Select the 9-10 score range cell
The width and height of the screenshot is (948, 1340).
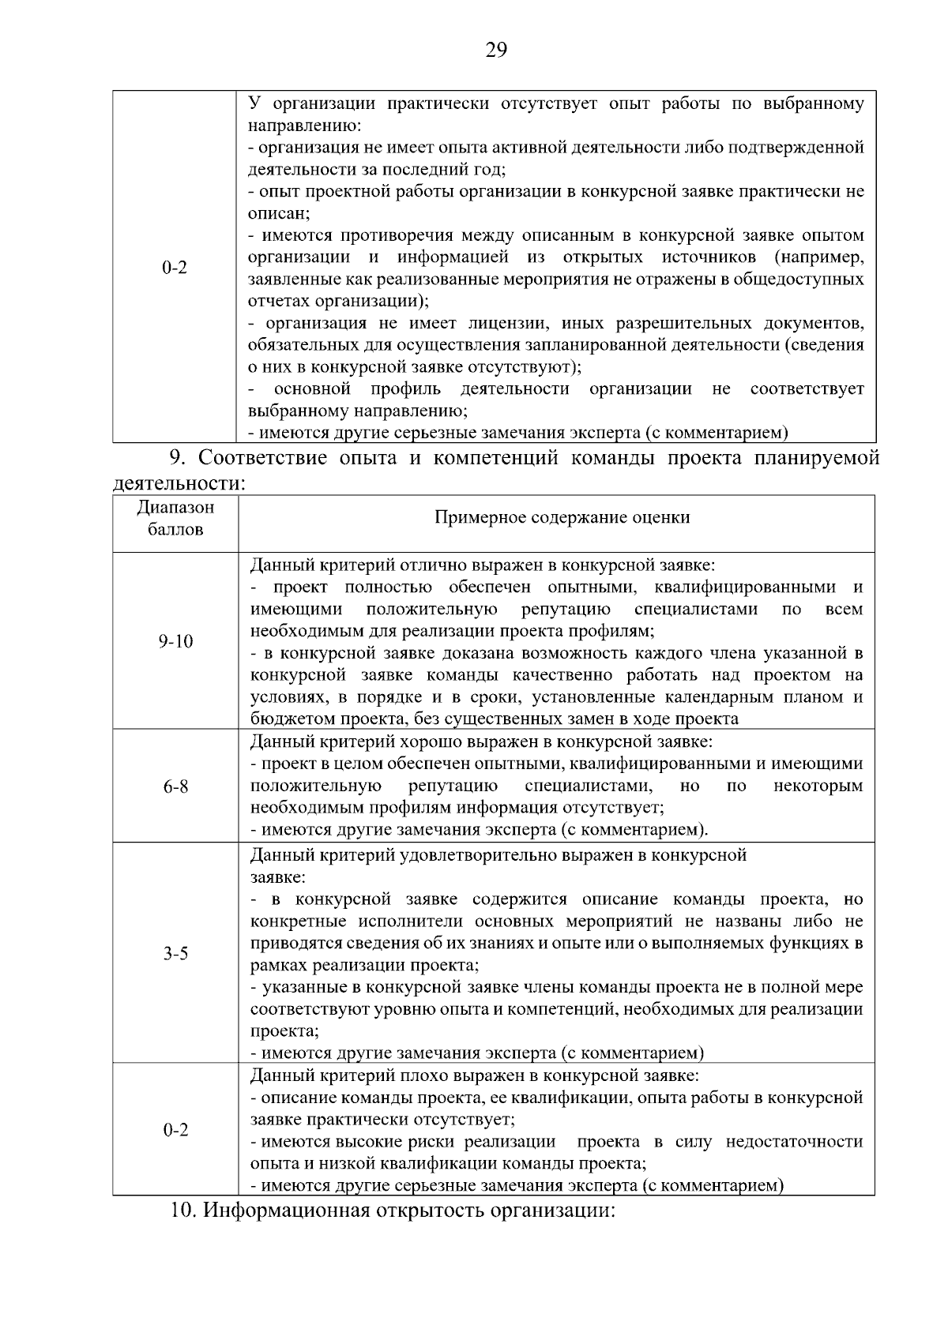[175, 641]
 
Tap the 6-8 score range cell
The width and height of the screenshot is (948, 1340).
[175, 787]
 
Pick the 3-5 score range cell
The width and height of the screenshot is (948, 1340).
[175, 954]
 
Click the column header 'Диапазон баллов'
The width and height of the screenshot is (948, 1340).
[175, 519]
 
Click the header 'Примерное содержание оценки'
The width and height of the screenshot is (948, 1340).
[562, 518]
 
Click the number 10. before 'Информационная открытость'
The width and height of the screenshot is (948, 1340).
[184, 1211]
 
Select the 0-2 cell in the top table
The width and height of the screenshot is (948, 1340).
[175, 268]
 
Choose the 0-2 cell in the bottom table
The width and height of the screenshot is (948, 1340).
[175, 1131]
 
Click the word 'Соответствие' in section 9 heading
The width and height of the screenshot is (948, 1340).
[273, 458]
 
